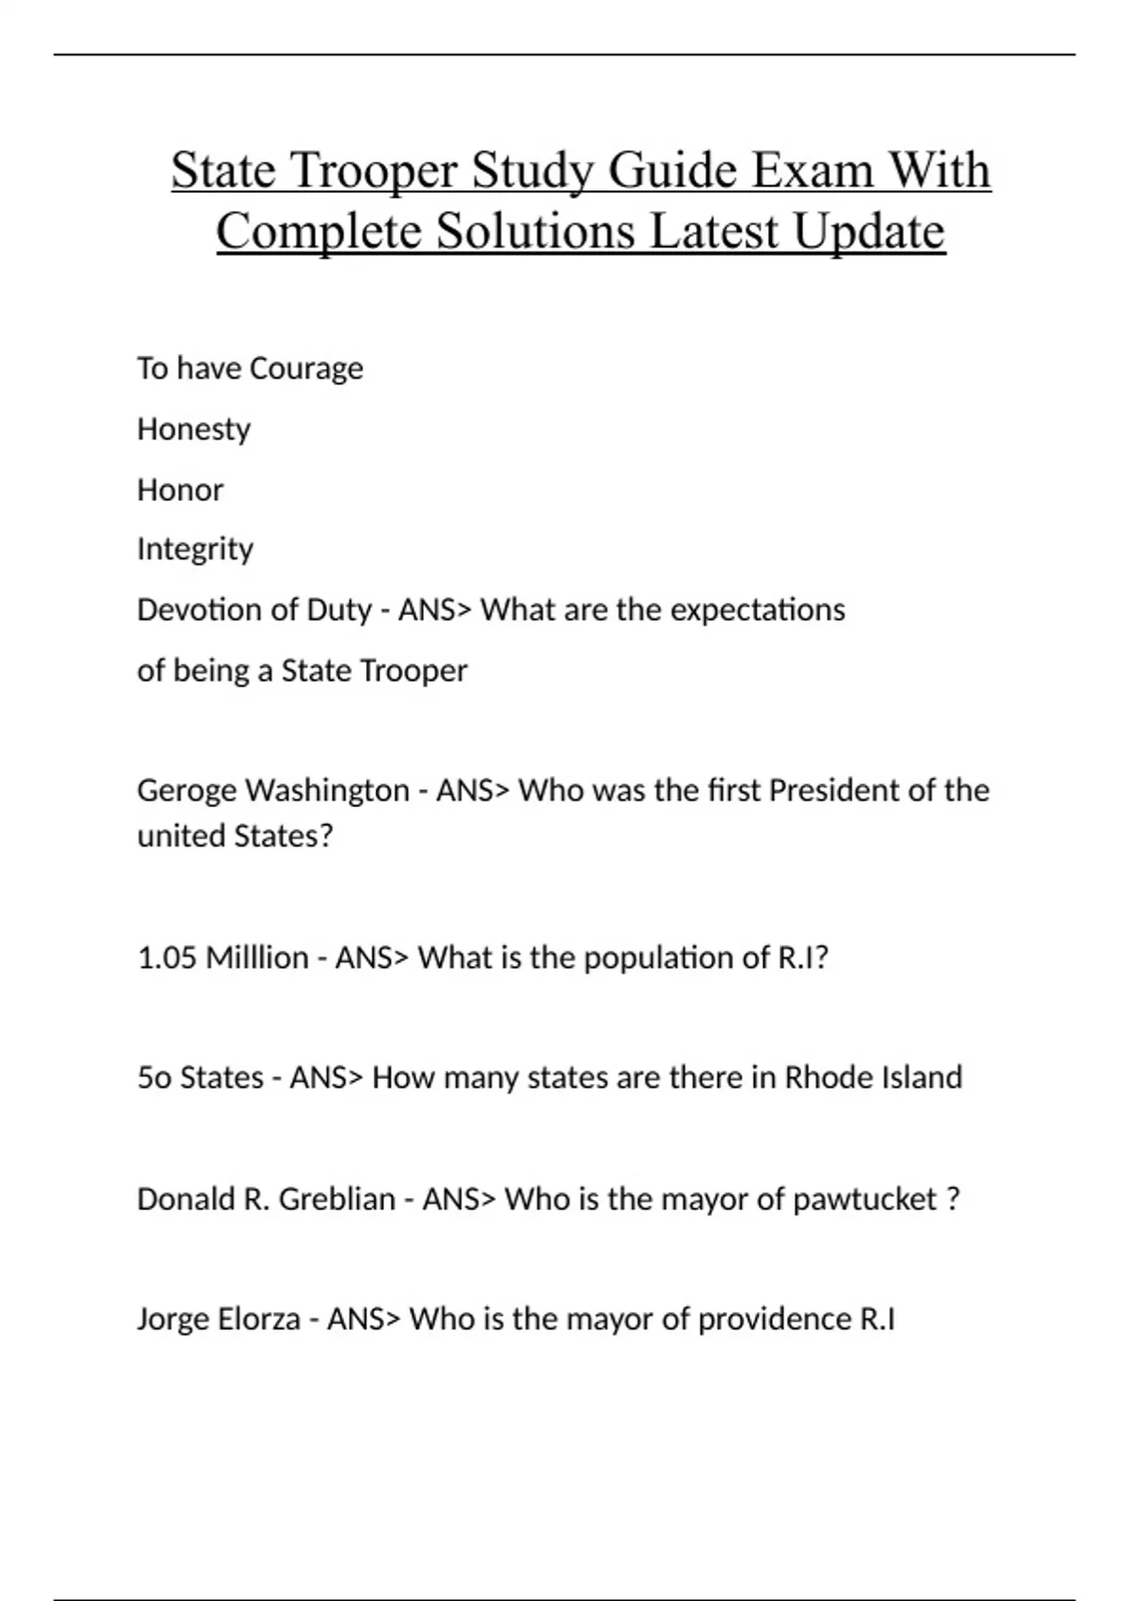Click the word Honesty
[194, 429]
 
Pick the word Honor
[180, 490]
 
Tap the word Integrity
[195, 549]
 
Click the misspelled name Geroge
[186, 790]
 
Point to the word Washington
[327, 790]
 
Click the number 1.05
[167, 958]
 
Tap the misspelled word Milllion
[257, 958]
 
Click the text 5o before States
[154, 1077]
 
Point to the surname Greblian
[337, 1199]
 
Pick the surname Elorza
[258, 1318]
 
